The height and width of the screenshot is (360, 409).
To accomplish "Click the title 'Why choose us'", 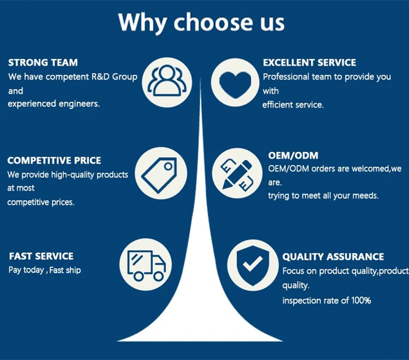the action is pyautogui.click(x=201, y=22).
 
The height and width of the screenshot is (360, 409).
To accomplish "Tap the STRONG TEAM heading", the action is pyautogui.click(x=43, y=63).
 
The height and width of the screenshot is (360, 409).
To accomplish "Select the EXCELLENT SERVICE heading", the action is pyautogui.click(x=309, y=63).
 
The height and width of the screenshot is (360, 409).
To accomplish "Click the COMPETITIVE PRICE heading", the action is pyautogui.click(x=54, y=161).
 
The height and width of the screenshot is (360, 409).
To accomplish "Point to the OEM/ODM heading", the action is pyautogui.click(x=293, y=155).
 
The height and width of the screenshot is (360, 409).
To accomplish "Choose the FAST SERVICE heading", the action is pyautogui.click(x=41, y=256).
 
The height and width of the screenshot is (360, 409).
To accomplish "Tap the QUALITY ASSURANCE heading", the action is pyautogui.click(x=333, y=257).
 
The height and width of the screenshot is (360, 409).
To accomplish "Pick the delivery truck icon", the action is pyautogui.click(x=146, y=265).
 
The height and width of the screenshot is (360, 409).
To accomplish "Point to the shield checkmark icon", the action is pyautogui.click(x=251, y=265).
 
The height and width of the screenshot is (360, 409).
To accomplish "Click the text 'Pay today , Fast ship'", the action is pyautogui.click(x=45, y=270).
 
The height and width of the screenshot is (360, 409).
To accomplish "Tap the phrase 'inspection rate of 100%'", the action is pyautogui.click(x=327, y=300).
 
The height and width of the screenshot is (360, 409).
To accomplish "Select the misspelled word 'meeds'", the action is pyautogui.click(x=366, y=196).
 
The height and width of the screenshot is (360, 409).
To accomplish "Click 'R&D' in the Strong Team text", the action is pyautogui.click(x=99, y=77).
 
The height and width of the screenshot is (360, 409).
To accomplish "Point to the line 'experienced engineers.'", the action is pyautogui.click(x=54, y=104).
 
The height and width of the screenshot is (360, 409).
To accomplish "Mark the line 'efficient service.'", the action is pyautogui.click(x=293, y=105).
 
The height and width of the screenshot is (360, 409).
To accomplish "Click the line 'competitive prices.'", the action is pyautogui.click(x=41, y=202).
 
